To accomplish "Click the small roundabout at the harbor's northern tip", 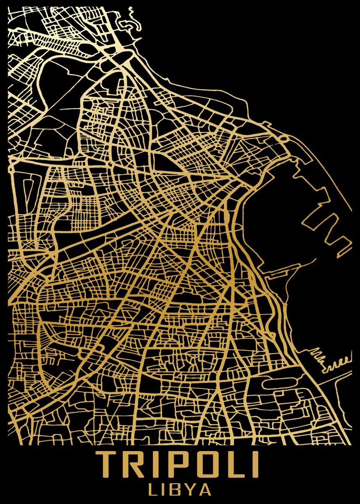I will point(284,138).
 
